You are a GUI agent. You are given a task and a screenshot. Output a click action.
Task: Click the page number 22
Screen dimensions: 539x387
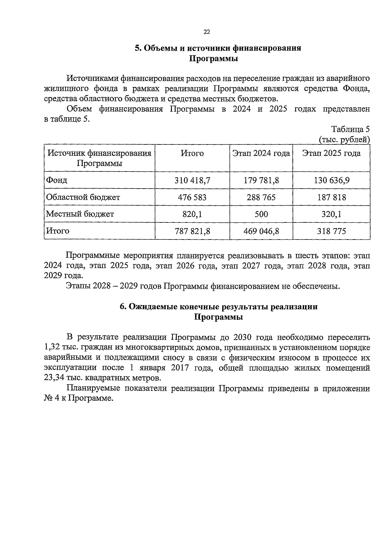click(x=207, y=32)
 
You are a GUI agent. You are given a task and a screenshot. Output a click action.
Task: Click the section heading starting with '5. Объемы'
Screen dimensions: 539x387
click(x=218, y=48)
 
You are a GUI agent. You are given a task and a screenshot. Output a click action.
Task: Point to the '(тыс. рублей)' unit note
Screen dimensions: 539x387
click(x=344, y=140)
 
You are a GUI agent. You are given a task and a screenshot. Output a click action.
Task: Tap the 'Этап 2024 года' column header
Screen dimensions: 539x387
click(x=261, y=153)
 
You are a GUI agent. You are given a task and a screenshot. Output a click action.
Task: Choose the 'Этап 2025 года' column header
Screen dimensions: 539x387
click(x=331, y=153)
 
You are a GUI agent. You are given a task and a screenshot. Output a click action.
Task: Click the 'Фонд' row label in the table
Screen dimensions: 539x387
click(x=57, y=180)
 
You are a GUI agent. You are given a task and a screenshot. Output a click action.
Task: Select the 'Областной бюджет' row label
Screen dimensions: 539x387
click(x=83, y=197)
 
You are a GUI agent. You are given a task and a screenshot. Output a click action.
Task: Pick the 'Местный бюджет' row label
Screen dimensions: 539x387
click(x=80, y=214)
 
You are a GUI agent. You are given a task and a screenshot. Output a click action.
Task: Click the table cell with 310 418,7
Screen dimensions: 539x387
click(x=192, y=180)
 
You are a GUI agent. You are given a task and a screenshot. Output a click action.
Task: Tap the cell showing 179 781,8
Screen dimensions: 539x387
click(x=261, y=180)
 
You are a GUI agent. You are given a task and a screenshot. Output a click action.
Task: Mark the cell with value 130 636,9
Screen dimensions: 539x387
click(x=332, y=180)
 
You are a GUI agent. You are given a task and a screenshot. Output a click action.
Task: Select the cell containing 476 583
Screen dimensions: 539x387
click(x=192, y=197)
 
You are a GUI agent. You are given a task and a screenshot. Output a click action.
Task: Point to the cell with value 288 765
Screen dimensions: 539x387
click(x=261, y=197)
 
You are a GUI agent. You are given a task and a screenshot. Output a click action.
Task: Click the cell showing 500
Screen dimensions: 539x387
click(x=261, y=214)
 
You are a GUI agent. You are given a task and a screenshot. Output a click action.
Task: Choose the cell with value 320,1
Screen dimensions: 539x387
click(x=332, y=214)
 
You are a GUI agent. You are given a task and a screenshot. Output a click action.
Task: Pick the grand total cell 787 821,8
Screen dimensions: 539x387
click(x=192, y=231)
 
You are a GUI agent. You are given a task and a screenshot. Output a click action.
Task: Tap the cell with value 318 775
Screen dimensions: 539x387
click(x=332, y=231)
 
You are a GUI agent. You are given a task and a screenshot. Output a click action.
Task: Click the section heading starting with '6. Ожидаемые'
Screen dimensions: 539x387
click(x=218, y=307)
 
